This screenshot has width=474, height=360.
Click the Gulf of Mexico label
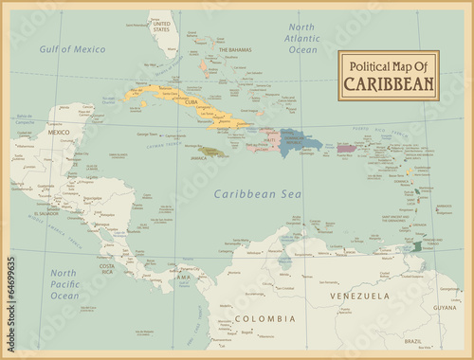pyautogui.click(x=72, y=48)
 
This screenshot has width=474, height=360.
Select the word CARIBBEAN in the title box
pyautogui.click(x=389, y=83)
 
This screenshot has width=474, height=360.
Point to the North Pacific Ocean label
pyautogui.click(x=64, y=283)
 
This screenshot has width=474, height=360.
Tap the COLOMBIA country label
pyautogui.click(x=259, y=318)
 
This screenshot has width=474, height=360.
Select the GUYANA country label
pyautogui.click(x=444, y=308)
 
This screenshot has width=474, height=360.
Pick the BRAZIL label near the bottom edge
pyautogui.click(x=413, y=341)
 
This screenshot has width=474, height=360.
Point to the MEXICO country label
pyautogui.click(x=59, y=133)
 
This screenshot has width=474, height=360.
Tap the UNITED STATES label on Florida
pyautogui.click(x=162, y=26)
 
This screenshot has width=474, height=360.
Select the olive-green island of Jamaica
pyautogui.click(x=211, y=152)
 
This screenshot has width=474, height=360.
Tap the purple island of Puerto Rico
pyautogui.click(x=346, y=148)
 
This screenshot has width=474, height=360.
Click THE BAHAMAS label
pyautogui.click(x=234, y=49)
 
